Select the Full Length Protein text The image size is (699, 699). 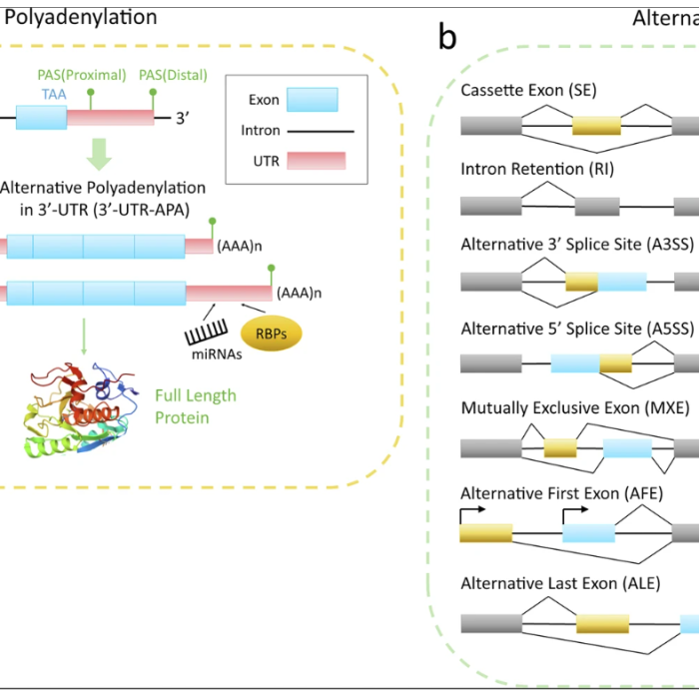[196, 406]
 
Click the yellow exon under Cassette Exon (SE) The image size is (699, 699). [596, 125]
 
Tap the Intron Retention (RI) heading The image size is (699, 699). [537, 169]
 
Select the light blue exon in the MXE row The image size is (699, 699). [627, 447]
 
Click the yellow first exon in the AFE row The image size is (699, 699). [485, 532]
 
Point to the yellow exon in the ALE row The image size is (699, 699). [602, 624]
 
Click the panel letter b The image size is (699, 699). [447, 38]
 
